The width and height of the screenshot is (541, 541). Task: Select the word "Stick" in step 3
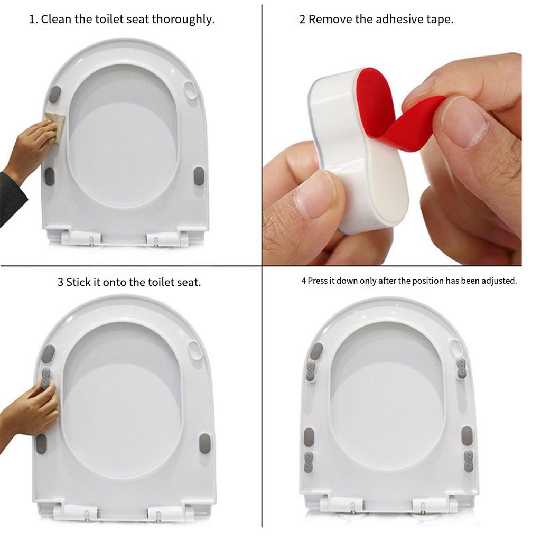click(78, 282)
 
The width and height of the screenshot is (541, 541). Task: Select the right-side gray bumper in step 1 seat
click(199, 176)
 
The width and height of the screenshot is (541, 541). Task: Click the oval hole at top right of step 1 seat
click(191, 89)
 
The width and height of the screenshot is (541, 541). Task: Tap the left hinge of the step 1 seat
click(79, 238)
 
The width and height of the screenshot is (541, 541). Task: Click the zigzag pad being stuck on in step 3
click(46, 378)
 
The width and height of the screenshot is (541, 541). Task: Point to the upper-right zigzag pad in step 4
click(461, 369)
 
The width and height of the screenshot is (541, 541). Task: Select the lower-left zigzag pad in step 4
click(309, 461)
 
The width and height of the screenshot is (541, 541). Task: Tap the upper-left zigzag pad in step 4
click(311, 371)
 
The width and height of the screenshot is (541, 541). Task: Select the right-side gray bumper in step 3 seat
click(204, 443)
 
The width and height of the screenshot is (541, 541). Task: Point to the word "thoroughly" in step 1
click(183, 20)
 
